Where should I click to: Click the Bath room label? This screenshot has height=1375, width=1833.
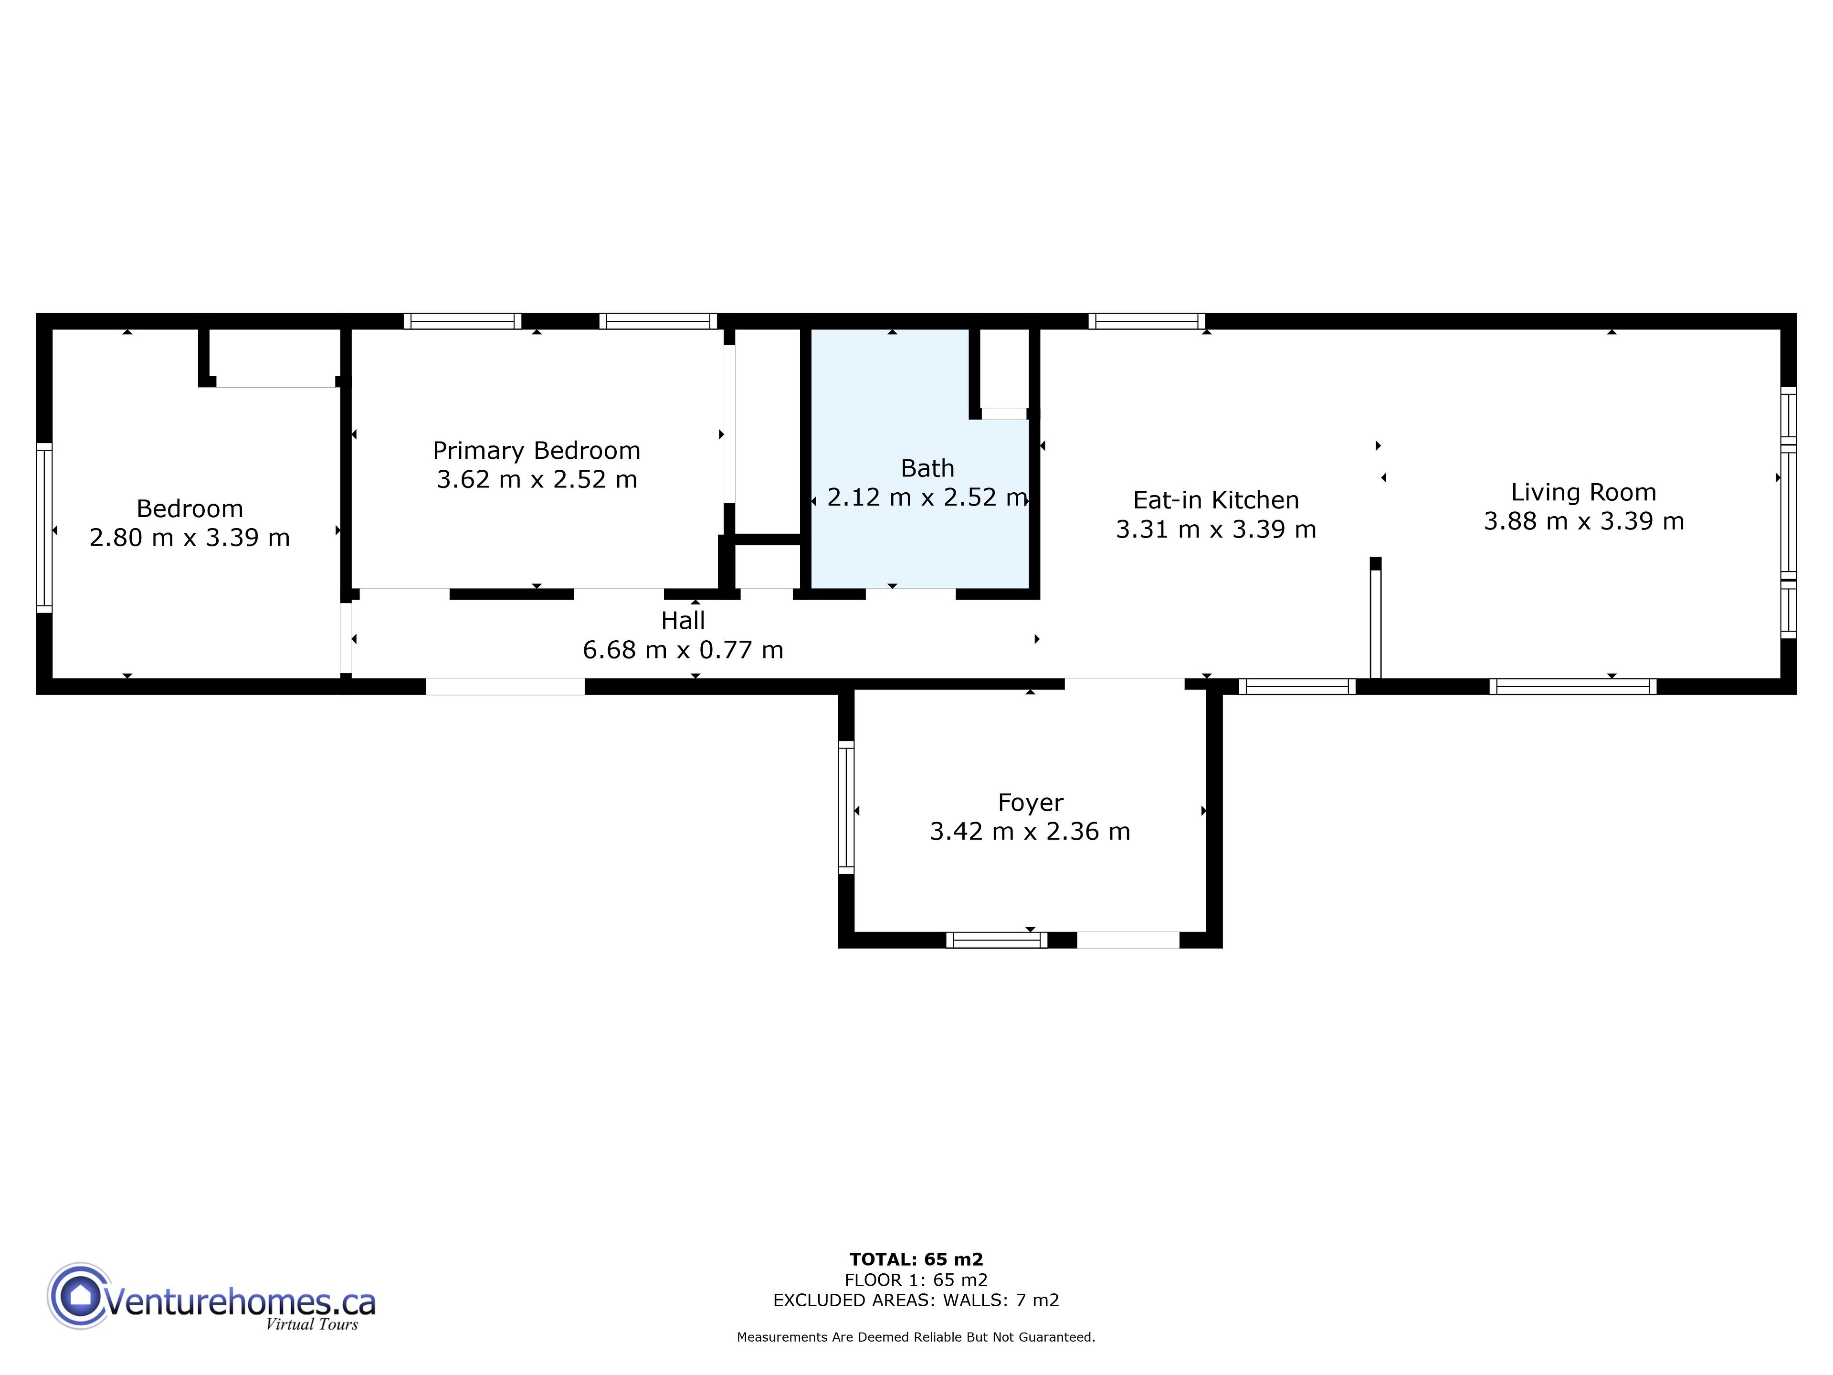pyautogui.click(x=927, y=468)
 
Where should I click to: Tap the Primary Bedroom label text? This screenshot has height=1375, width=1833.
pyautogui.click(x=536, y=451)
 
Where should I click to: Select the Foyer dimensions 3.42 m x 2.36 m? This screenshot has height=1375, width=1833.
pyautogui.click(x=1030, y=831)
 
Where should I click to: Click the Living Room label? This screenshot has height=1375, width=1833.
pyautogui.click(x=1583, y=492)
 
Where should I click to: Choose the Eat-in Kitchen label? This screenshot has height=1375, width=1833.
pyautogui.click(x=1216, y=500)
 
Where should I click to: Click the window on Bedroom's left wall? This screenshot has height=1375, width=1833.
pyautogui.click(x=44, y=528)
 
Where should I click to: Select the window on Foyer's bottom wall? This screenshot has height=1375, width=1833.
pyautogui.click(x=997, y=940)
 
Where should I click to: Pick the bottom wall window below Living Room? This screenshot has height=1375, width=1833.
pyautogui.click(x=1573, y=686)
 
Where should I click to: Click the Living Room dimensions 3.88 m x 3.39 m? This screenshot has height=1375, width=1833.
pyautogui.click(x=1583, y=521)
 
